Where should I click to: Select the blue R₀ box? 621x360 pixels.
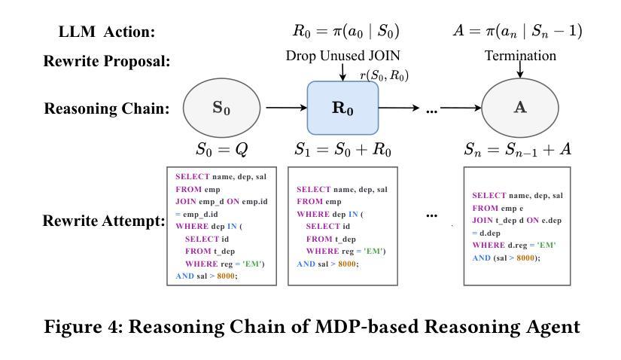(x=342, y=108)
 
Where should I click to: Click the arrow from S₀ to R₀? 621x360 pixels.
(x=286, y=108)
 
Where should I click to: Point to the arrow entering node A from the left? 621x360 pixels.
(x=461, y=108)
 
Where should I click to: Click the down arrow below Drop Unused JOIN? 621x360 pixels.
(x=343, y=72)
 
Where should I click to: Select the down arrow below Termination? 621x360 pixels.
(x=520, y=70)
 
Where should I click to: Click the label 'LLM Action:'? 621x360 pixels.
(x=107, y=32)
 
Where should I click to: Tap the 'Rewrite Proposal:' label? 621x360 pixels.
(x=107, y=61)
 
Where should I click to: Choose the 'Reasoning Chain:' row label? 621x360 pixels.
(x=107, y=108)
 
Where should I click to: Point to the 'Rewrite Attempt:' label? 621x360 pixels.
(x=104, y=221)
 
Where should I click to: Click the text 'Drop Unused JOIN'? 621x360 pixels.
(x=343, y=56)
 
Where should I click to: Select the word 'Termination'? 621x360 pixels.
(x=520, y=56)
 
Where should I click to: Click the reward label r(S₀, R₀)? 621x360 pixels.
(x=384, y=75)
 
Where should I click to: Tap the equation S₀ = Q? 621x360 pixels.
(x=222, y=149)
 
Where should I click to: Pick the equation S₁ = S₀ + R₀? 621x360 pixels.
(x=343, y=149)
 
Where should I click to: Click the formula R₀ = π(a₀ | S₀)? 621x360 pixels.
(x=346, y=31)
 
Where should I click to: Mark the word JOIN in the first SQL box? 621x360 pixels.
(x=186, y=201)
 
